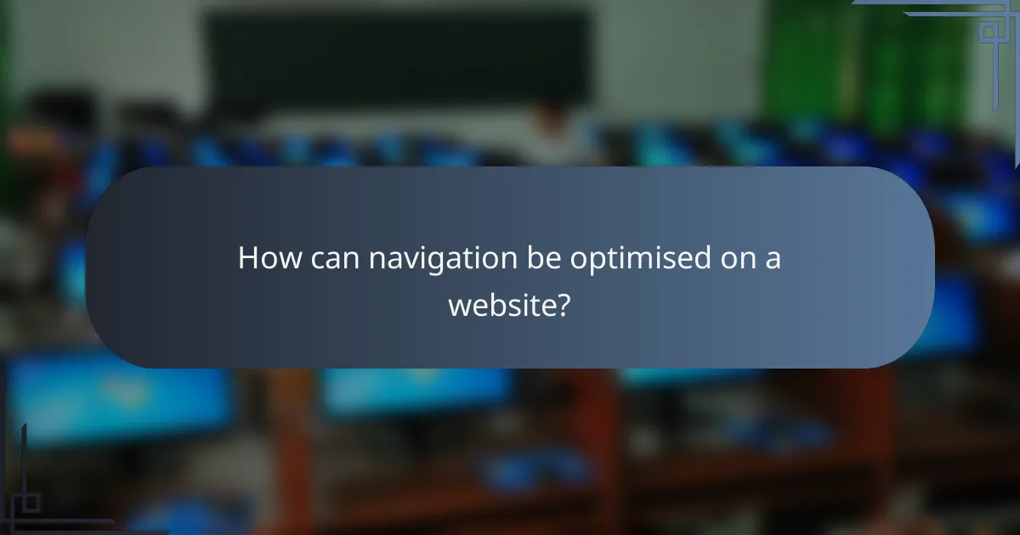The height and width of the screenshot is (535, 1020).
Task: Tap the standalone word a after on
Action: tap(772, 260)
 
